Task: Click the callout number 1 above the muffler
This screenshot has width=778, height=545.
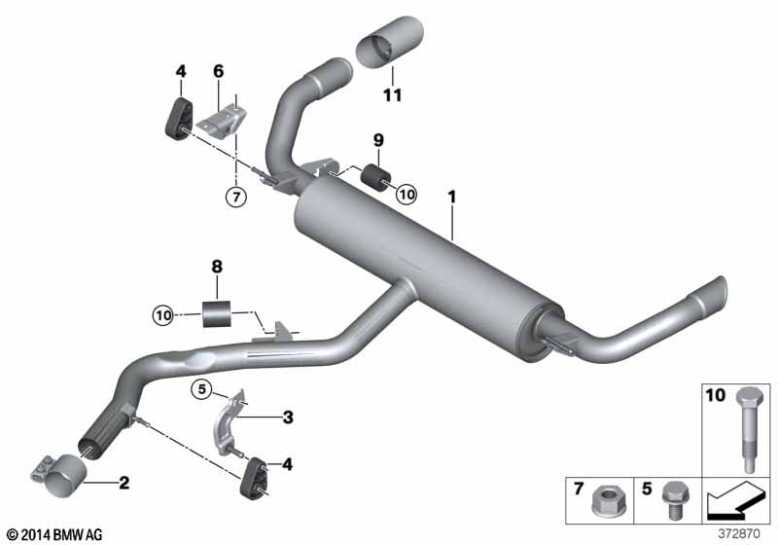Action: (x=451, y=197)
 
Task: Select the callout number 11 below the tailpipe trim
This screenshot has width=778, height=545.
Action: (x=392, y=95)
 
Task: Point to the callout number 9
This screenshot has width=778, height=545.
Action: (x=379, y=139)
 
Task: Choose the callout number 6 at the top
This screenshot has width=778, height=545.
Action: (x=219, y=71)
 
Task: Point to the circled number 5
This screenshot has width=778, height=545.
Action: (x=201, y=390)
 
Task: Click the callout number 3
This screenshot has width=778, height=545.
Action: (x=288, y=418)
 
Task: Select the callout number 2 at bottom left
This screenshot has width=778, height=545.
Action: (x=124, y=482)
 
